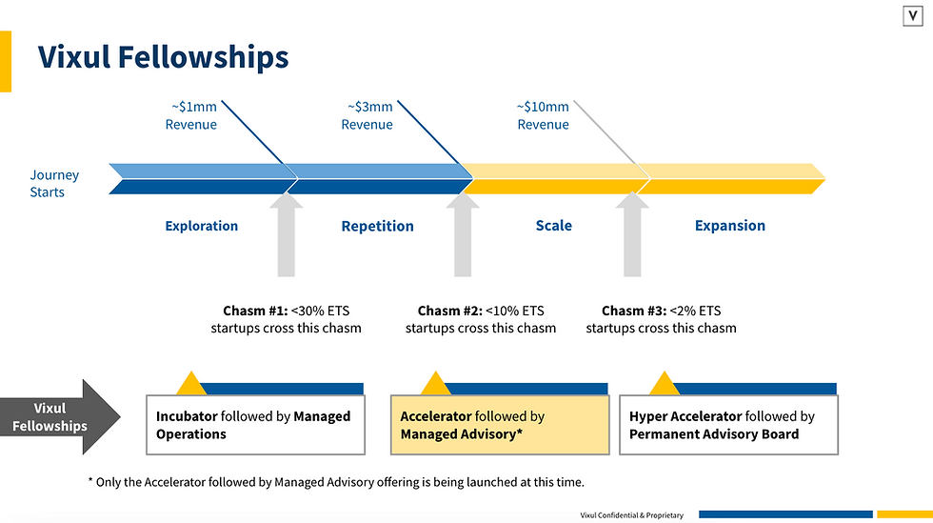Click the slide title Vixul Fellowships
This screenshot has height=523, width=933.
163,57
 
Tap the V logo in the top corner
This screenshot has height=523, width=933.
912,16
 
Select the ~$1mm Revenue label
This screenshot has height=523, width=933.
190,115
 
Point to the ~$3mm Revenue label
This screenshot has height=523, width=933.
367,115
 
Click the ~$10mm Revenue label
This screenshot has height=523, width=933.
543,115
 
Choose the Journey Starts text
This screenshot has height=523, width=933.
54,183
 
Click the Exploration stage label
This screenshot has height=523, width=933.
201,226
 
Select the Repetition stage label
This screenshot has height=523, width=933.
377,226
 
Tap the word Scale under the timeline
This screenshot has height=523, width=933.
553,226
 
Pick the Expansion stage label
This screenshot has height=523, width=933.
729,226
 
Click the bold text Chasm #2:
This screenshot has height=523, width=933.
449,311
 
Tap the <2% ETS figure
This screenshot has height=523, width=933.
695,311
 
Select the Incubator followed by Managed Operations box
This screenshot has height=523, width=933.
255,425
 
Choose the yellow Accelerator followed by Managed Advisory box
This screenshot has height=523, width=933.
500,425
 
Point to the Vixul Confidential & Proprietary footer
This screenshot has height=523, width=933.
631,514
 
